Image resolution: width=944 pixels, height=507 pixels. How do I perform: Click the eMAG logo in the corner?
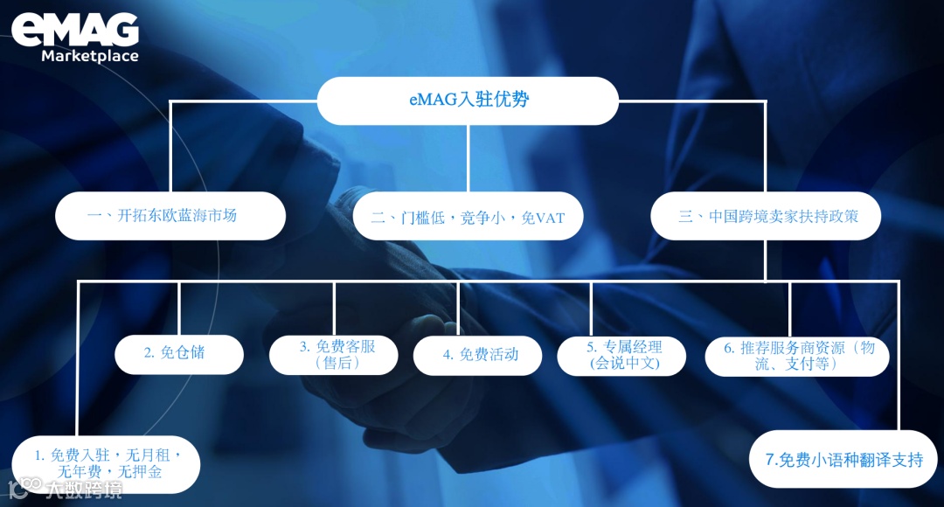pyautogui.click(x=75, y=30)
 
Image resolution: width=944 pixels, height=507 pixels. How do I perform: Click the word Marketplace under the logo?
pyautogui.click(x=90, y=57)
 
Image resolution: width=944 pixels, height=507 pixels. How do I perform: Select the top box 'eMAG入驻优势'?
pyautogui.click(x=468, y=101)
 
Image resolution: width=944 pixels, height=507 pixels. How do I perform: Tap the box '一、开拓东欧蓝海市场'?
pyautogui.click(x=170, y=216)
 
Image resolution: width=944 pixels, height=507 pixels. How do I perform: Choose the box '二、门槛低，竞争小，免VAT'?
pyautogui.click(x=468, y=216)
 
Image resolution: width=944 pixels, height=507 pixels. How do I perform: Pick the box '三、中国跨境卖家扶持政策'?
pyautogui.click(x=766, y=216)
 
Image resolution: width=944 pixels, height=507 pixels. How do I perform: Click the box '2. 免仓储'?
pyautogui.click(x=179, y=354)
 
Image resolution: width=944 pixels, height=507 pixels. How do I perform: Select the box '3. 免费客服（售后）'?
pyautogui.click(x=334, y=354)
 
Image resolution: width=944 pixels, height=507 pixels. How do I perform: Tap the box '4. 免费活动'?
pyautogui.click(x=478, y=354)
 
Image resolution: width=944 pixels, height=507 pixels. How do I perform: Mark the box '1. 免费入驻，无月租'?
pyautogui.click(x=106, y=464)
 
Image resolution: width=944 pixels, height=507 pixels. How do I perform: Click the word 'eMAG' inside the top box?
pyautogui.click(x=434, y=100)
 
